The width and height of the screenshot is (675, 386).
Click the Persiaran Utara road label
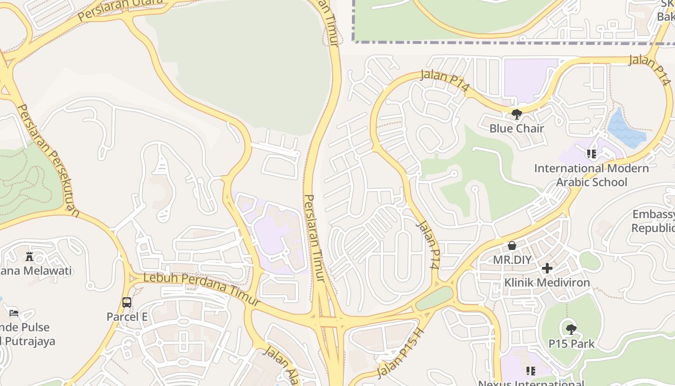pyautogui.click(x=120, y=9)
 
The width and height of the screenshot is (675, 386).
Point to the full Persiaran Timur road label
pyautogui.click(x=315, y=238)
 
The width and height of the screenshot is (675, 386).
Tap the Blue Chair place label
pyautogui.click(x=516, y=128)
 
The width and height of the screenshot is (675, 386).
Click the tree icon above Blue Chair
pyautogui.click(x=516, y=114)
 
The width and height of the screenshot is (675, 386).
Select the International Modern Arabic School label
pyautogui.click(x=592, y=175)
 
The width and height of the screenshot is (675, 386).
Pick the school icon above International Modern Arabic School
pyautogui.click(x=592, y=154)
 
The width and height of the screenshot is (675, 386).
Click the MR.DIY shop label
pyautogui.click(x=512, y=260)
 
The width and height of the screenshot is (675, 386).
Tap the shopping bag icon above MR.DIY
pyautogui.click(x=512, y=246)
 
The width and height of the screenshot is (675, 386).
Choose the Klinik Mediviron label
pyautogui.click(x=547, y=282)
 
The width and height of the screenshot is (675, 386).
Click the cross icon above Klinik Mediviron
pyautogui.click(x=547, y=268)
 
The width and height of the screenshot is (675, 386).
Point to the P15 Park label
pyautogui.click(x=571, y=344)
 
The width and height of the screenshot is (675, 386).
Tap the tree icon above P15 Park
pyautogui.click(x=571, y=330)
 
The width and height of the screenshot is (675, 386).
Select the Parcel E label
pyautogui.click(x=127, y=317)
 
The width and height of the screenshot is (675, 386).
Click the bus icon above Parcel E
pyautogui.click(x=127, y=303)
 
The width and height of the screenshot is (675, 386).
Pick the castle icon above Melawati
pyautogui.click(x=29, y=256)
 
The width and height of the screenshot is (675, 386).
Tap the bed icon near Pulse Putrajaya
pyautogui.click(x=14, y=313)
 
